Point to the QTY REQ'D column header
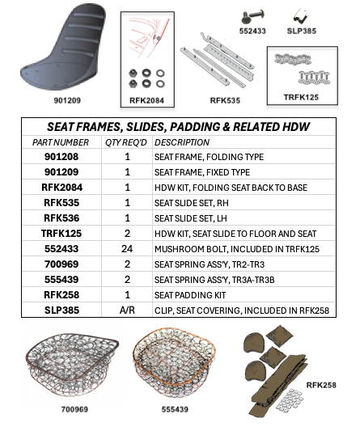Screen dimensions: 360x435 point(127,141)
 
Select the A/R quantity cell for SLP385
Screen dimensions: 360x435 point(127,309)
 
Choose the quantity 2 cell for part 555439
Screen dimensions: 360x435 point(127,278)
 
